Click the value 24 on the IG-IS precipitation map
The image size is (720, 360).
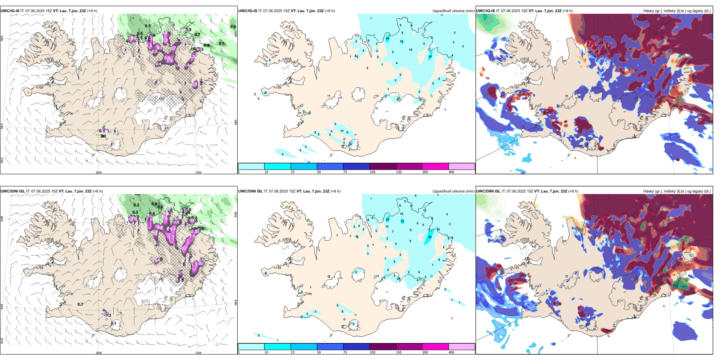pos(387,38)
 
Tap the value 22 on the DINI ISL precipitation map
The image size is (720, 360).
pos(387,219)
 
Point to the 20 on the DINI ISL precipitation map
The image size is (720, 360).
pos(430,237)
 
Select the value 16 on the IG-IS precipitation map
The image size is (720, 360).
pos(430,57)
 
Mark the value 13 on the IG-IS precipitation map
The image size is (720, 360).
pos(402,41)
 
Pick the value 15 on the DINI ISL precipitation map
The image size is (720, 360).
pos(402,221)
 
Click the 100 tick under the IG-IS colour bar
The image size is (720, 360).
pos(373,172)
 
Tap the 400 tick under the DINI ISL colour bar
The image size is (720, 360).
pos(451,352)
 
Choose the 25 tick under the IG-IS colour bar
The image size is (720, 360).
pos(293,172)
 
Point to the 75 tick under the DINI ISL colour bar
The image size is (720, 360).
pos(345,352)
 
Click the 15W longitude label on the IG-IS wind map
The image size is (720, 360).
pos(198,172)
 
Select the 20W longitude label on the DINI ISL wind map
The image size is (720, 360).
pos(99,353)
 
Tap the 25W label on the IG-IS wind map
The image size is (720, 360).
pos(2,160)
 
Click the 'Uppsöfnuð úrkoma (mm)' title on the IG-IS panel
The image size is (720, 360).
pos(453,11)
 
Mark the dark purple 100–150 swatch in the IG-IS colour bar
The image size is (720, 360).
pos(383,166)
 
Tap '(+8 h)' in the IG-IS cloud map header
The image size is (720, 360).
pos(568,11)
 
